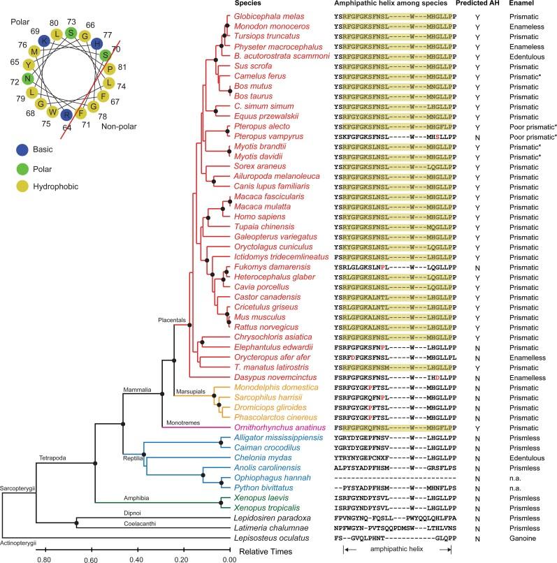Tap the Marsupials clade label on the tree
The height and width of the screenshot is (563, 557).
(x=191, y=390)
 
